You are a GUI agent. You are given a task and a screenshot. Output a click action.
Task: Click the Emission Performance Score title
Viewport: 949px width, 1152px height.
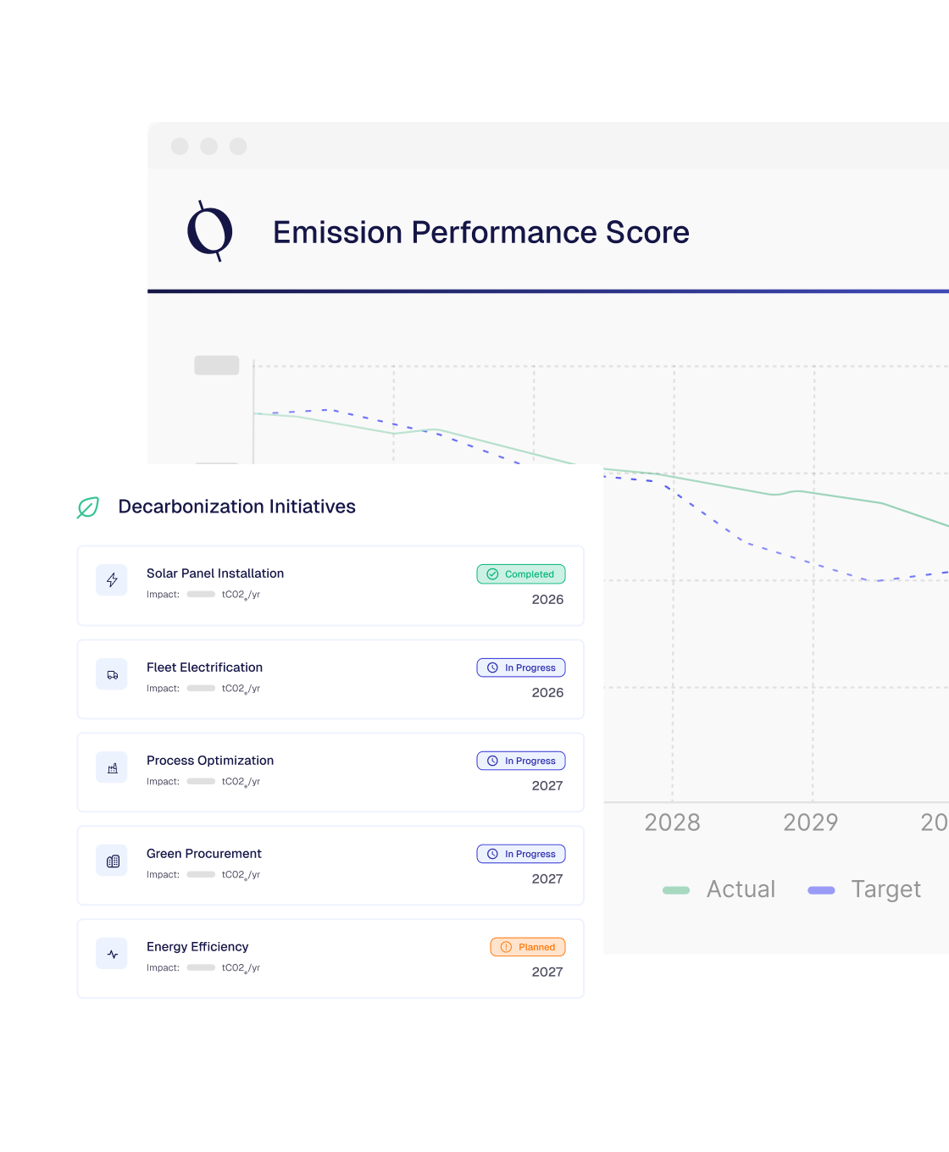pos(480,232)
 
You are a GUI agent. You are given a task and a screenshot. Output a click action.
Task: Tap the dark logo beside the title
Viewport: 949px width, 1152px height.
pos(209,230)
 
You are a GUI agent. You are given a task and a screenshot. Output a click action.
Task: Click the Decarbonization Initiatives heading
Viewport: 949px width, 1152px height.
pos(236,507)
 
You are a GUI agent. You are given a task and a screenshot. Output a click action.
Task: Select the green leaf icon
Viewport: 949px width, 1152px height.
pos(88,507)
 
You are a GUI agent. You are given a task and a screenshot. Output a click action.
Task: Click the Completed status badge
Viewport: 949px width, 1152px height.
pos(520,574)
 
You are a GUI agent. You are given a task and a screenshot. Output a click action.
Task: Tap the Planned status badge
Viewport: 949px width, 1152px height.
pos(527,947)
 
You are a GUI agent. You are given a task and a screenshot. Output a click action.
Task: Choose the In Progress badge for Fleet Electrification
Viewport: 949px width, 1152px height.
pos(520,667)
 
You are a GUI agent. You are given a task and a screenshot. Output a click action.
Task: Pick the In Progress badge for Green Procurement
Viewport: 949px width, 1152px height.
pos(520,854)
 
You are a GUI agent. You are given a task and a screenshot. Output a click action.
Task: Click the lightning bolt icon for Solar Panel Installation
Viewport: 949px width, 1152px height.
pos(112,580)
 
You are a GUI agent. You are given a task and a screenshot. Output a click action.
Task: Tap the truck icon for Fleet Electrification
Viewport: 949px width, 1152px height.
pos(112,674)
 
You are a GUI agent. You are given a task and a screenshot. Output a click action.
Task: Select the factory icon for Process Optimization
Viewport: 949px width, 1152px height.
pos(112,767)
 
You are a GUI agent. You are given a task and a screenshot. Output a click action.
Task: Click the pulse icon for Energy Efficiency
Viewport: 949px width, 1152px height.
pos(112,954)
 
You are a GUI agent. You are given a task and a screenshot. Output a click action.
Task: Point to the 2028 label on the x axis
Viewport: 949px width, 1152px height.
pos(672,822)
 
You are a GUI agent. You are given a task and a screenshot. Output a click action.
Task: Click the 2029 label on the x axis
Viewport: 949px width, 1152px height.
pos(810,822)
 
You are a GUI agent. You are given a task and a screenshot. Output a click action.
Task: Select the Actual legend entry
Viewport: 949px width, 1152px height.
pos(720,889)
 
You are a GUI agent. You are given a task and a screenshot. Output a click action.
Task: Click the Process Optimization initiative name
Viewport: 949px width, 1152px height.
pos(210,761)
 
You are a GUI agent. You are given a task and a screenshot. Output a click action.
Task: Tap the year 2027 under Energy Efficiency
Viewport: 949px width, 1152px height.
pos(547,972)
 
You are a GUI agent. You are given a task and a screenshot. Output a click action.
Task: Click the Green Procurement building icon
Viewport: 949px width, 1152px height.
pos(112,861)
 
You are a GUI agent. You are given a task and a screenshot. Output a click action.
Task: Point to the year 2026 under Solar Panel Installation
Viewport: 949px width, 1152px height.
pos(547,600)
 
